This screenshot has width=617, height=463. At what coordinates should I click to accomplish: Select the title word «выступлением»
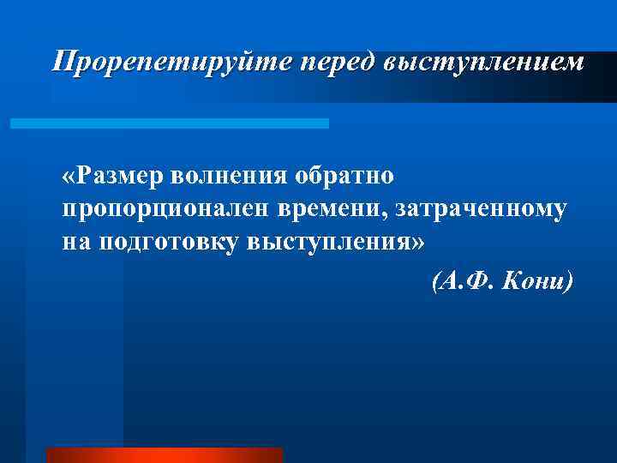[x=485, y=62]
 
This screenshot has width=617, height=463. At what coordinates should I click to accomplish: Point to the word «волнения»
[x=231, y=177]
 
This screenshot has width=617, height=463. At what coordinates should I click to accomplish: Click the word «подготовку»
[x=169, y=242]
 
